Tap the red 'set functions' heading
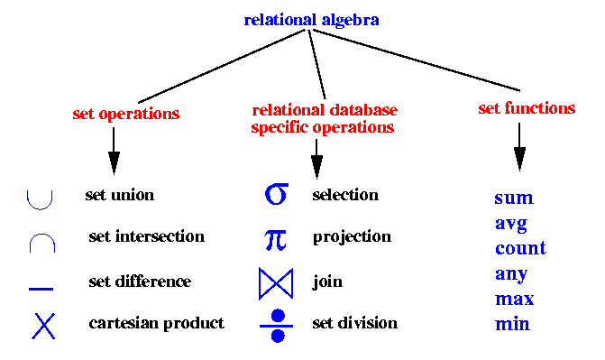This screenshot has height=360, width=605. pyautogui.click(x=526, y=108)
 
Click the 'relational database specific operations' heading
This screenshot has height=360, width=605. pyautogui.click(x=324, y=118)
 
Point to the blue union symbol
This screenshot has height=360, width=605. pyautogui.click(x=41, y=198)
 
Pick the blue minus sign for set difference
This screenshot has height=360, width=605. pyautogui.click(x=41, y=289)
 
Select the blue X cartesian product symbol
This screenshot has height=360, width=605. pyautogui.click(x=43, y=325)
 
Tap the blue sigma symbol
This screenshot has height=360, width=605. pyautogui.click(x=276, y=194)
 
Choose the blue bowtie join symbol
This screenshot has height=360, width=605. pyautogui.click(x=276, y=283)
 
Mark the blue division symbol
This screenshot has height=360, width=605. pyautogui.click(x=277, y=325)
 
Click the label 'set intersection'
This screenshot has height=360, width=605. pyautogui.click(x=146, y=236)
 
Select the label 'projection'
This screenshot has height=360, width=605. pyautogui.click(x=352, y=236)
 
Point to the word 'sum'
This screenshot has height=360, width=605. pyautogui.click(x=513, y=198)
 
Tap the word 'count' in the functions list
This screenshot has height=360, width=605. pyautogui.click(x=519, y=248)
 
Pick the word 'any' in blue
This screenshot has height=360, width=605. pyautogui.click(x=510, y=273)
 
